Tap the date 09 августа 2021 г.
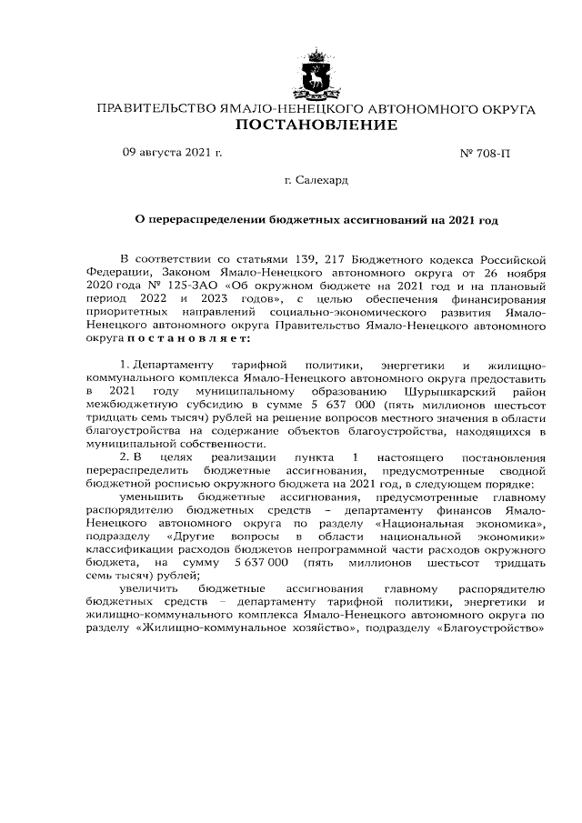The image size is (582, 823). tap(172, 153)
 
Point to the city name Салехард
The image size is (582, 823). tap(322, 181)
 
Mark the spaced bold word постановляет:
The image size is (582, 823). tap(197, 339)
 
